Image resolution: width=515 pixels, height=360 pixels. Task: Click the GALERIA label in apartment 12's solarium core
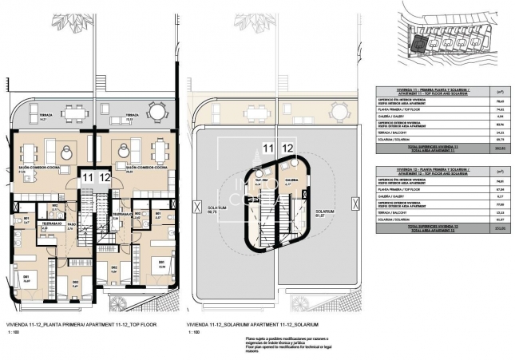291,180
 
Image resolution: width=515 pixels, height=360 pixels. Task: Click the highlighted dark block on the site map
417,38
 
